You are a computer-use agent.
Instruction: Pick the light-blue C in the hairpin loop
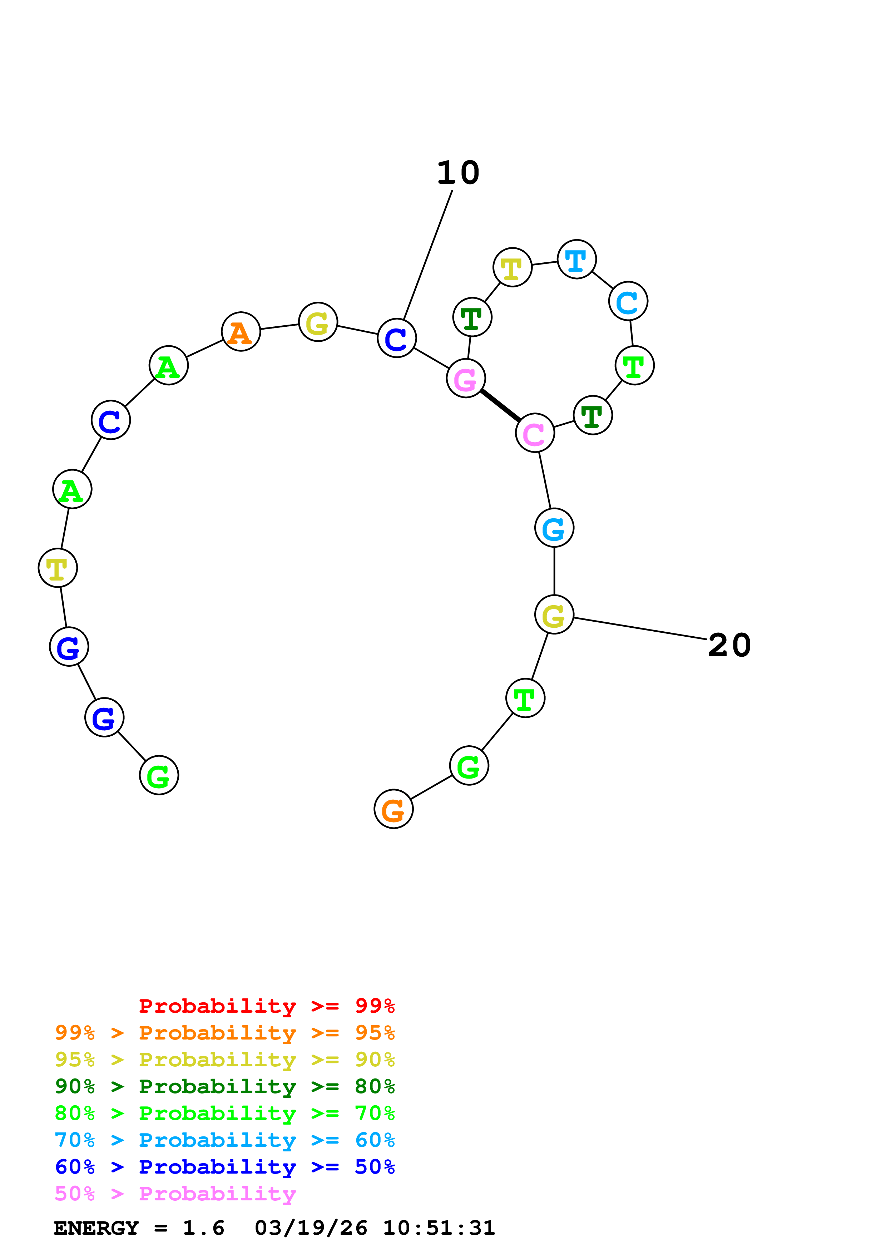[628, 301]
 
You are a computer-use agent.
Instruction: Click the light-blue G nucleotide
[554, 528]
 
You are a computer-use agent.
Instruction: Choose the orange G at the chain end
[393, 809]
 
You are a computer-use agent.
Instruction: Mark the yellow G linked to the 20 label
[554, 614]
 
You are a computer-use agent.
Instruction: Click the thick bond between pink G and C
[500, 405]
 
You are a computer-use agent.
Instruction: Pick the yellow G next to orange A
[318, 322]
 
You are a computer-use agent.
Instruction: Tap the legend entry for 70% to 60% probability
[224, 1140]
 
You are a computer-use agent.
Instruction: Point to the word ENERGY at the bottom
[96, 1228]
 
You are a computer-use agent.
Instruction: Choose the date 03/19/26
[311, 1228]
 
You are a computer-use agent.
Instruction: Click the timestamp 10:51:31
[439, 1228]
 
